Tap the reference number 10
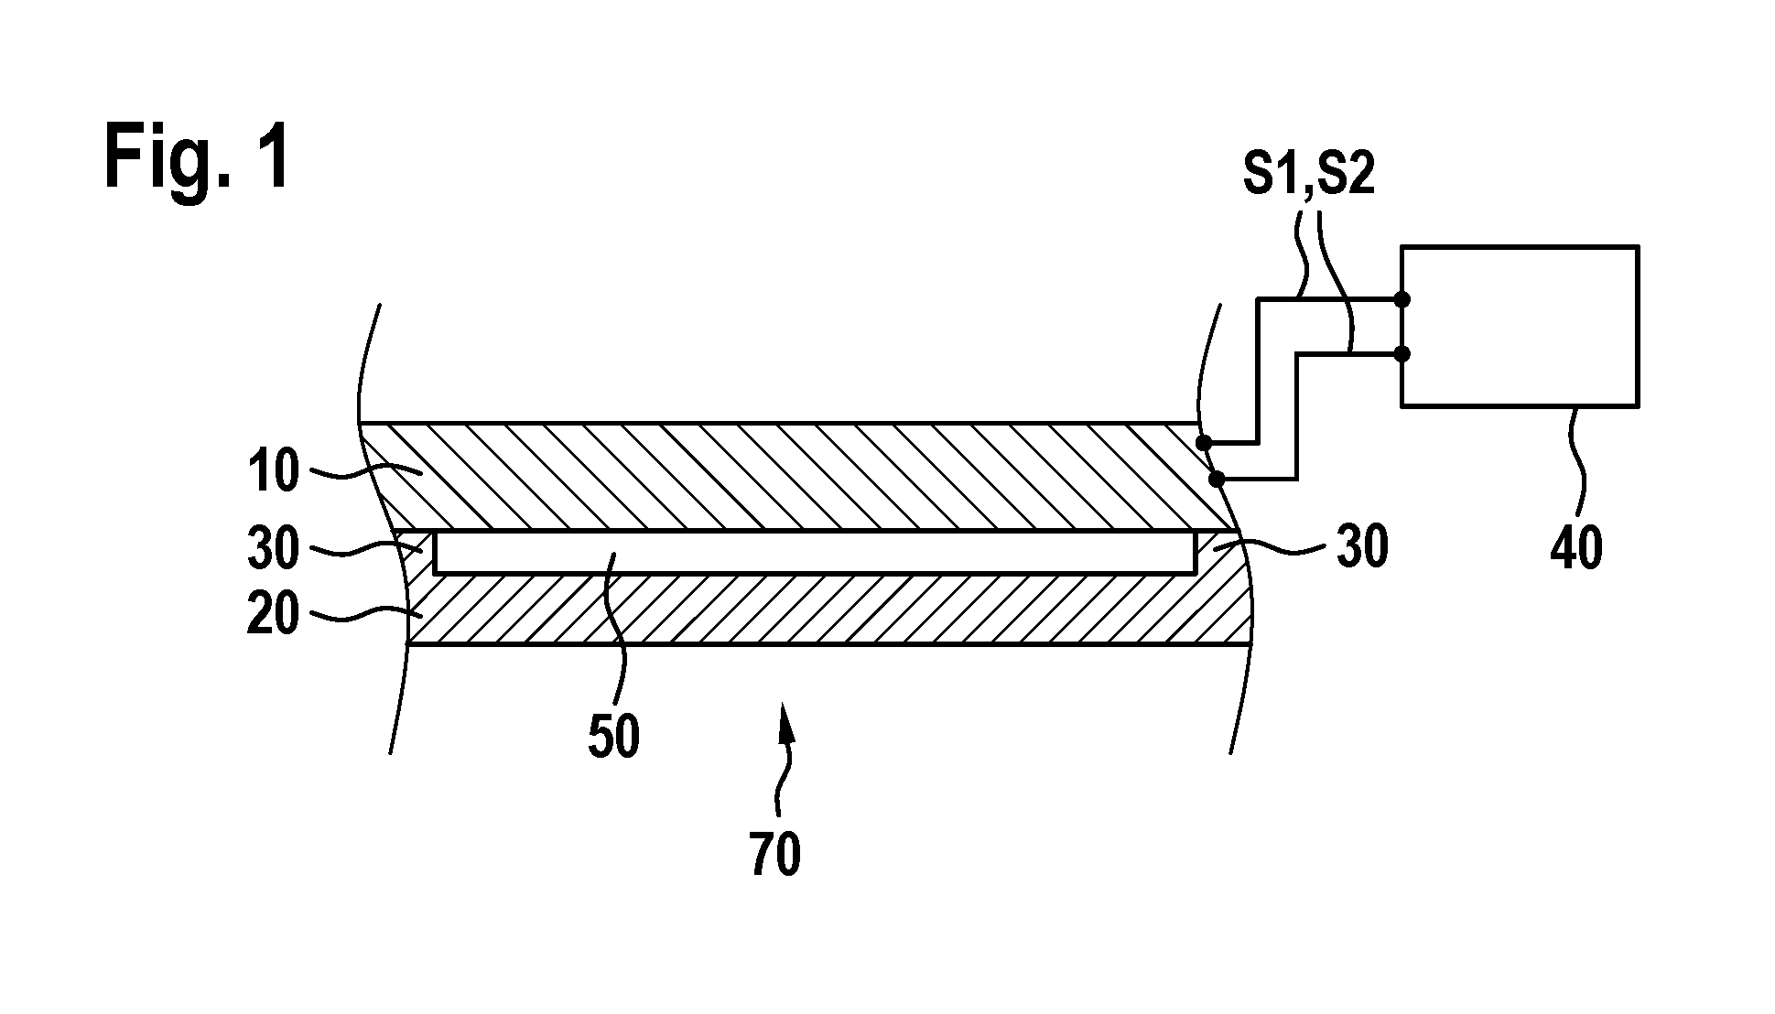pos(273,472)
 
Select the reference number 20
pos(273,615)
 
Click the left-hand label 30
pos(273,549)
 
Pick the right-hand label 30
pos(1362,548)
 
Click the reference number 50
pos(613,738)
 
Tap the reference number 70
pos(775,855)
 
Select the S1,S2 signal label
pos(1309,176)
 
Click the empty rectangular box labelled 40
pos(1520,326)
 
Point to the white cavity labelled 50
pos(815,553)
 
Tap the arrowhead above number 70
pos(784,717)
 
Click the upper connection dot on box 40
pos(1402,299)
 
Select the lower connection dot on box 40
pos(1402,353)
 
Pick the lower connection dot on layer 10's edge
pos(1217,479)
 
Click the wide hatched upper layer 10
pos(796,476)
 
